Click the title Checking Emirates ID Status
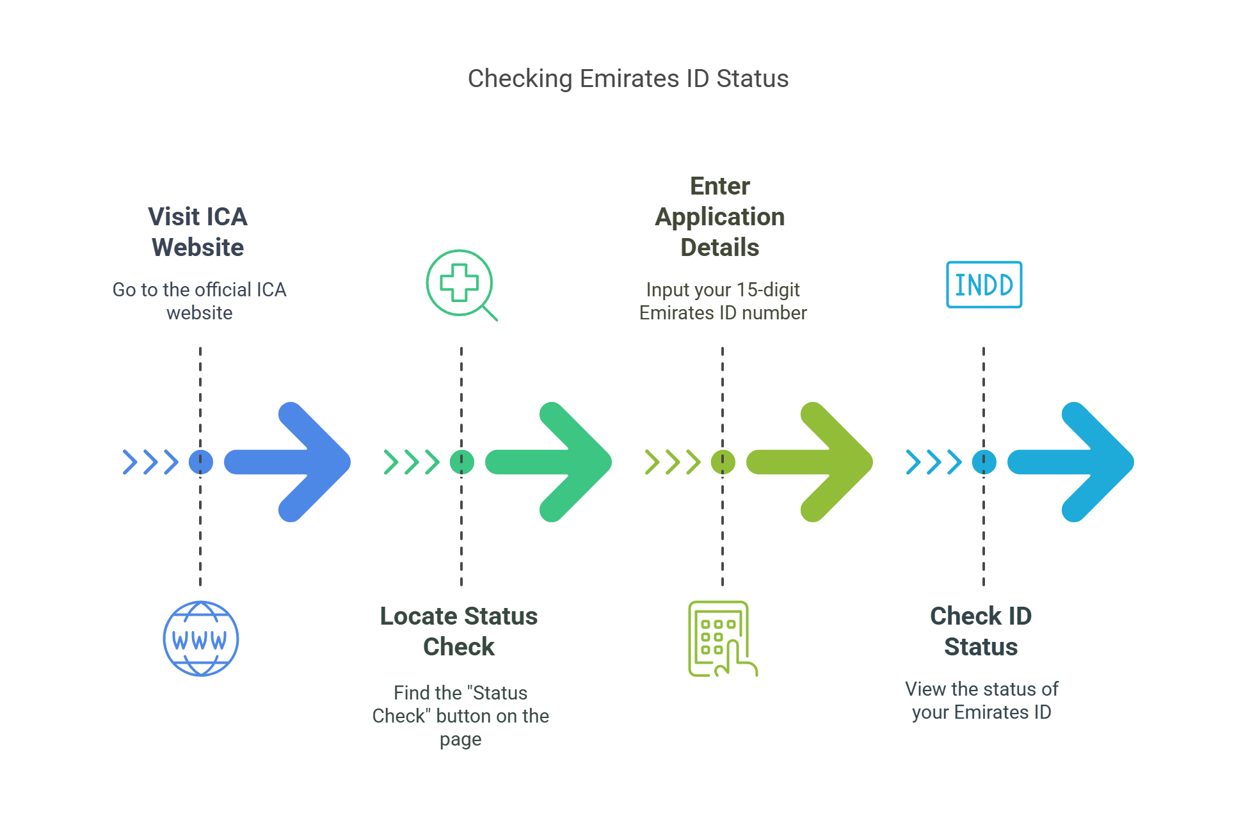pyautogui.click(x=628, y=79)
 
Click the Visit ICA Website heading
pyautogui.click(x=198, y=232)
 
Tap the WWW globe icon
pyautogui.click(x=201, y=639)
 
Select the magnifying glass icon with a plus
pyautogui.click(x=460, y=284)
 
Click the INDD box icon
pyautogui.click(x=984, y=285)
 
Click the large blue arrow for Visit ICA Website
pyautogui.click(x=294, y=462)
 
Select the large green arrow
pyautogui.click(x=556, y=462)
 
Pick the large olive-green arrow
pyautogui.click(x=817, y=462)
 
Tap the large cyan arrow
pyautogui.click(x=1078, y=462)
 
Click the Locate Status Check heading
pyautogui.click(x=459, y=631)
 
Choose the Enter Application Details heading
pyautogui.click(x=720, y=216)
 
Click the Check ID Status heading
pyautogui.click(x=981, y=631)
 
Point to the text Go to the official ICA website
pyautogui.click(x=200, y=301)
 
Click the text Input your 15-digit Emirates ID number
pyautogui.click(x=723, y=301)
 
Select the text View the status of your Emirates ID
pyautogui.click(x=981, y=700)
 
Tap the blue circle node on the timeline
pyautogui.click(x=200, y=462)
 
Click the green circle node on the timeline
pyautogui.click(x=461, y=462)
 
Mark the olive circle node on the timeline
pyautogui.click(x=723, y=462)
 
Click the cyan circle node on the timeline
pyautogui.click(x=984, y=462)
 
